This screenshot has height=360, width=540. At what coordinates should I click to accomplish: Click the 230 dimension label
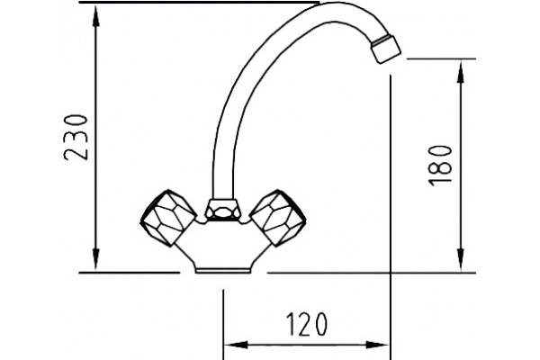(76, 138)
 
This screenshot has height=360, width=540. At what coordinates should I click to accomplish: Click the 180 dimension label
(439, 166)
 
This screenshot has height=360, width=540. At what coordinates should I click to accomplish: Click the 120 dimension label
(307, 325)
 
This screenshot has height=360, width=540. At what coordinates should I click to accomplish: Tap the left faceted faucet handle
(168, 218)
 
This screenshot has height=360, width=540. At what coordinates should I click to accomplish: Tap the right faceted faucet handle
(277, 218)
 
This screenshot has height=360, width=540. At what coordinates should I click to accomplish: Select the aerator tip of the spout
(386, 49)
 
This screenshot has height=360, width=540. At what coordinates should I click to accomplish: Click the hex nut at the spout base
(223, 209)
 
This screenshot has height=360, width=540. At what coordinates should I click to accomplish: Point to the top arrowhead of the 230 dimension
(95, 16)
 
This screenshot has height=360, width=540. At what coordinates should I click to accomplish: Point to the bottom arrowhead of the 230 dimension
(95, 258)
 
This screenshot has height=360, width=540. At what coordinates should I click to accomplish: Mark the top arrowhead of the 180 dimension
(461, 73)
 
